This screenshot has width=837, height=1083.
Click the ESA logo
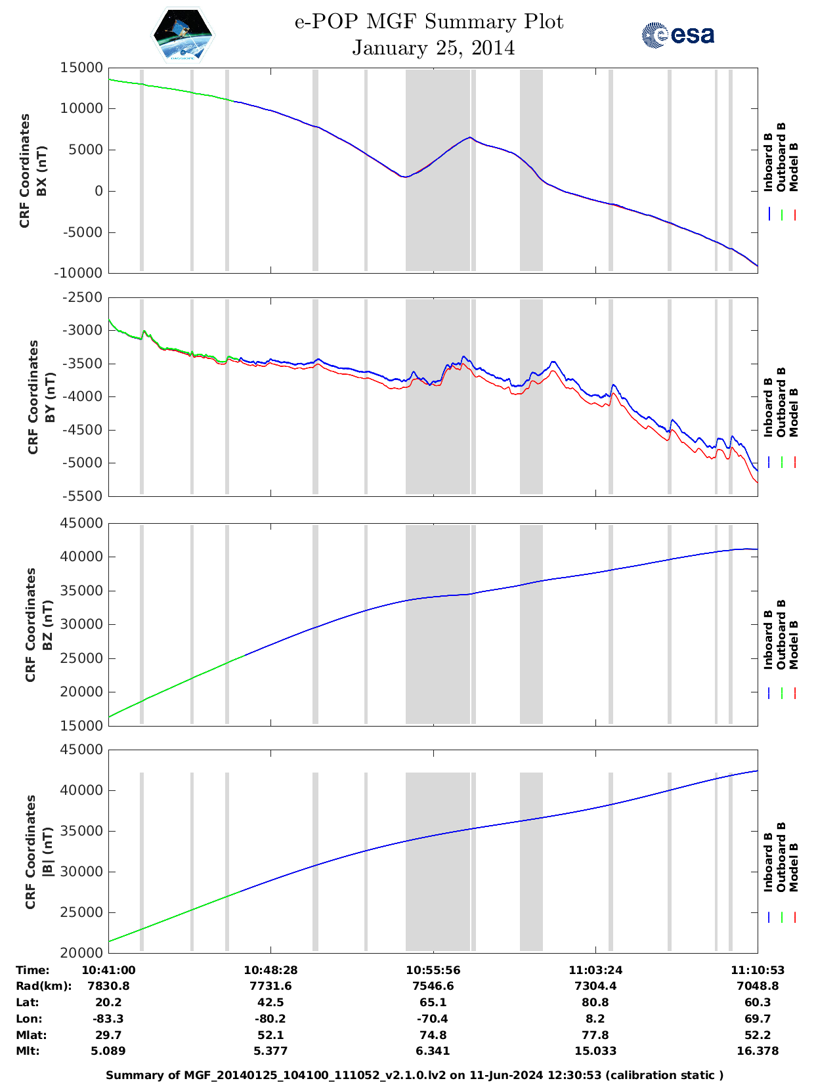678,35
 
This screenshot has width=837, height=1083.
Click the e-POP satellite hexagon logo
182,35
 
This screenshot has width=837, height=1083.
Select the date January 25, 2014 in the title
433,48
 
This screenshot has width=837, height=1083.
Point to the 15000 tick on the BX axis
81,68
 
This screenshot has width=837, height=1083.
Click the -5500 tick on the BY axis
81,496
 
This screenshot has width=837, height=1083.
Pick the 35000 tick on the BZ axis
81,591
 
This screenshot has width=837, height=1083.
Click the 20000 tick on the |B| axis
81,952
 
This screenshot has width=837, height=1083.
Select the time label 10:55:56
433,970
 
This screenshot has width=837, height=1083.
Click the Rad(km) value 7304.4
595,986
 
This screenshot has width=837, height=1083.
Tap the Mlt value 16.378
758,1051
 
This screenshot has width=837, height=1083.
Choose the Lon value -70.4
433,1019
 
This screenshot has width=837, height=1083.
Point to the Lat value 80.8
595,1002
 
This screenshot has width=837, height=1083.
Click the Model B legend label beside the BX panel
794,167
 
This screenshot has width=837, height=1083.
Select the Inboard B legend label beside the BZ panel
768,640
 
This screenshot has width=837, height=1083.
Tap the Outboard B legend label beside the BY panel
781,402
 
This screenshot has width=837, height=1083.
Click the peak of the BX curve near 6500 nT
470,137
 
